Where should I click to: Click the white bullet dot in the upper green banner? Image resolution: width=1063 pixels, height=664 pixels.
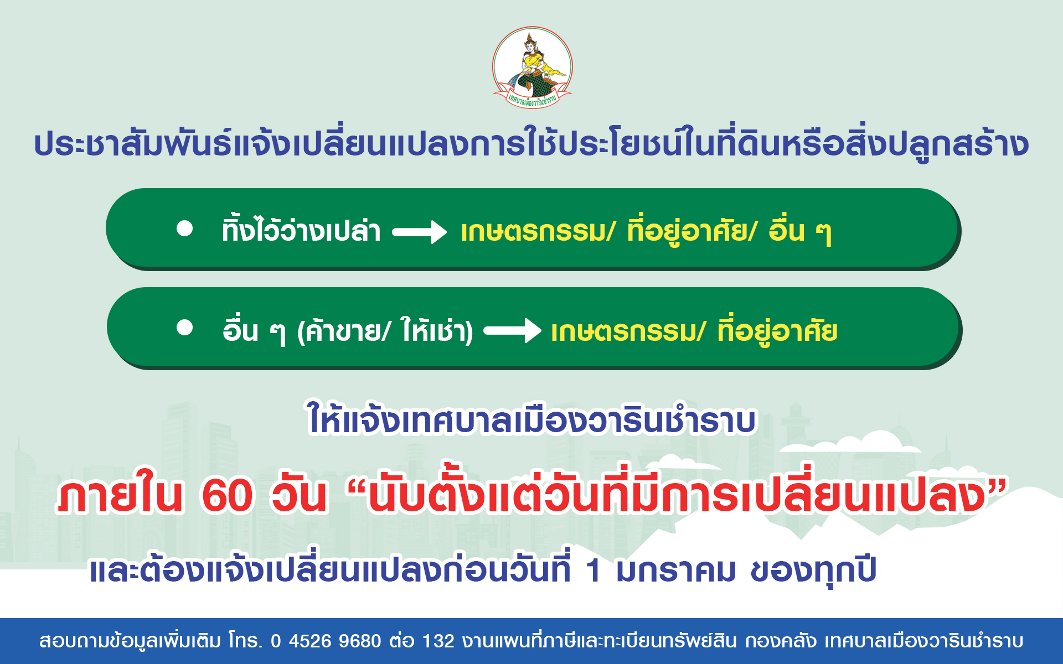pyautogui.click(x=185, y=229)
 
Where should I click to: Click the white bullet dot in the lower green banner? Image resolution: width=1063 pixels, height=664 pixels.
pyautogui.click(x=185, y=328)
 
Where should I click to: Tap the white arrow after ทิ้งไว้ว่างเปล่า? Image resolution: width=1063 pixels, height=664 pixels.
pyautogui.click(x=419, y=232)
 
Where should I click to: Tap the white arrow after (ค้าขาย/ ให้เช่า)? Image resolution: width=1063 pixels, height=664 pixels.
pyautogui.click(x=512, y=331)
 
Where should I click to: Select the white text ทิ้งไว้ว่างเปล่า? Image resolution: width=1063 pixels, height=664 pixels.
pyautogui.click(x=301, y=230)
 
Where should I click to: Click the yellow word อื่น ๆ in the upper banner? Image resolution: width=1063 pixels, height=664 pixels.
pyautogui.click(x=800, y=231)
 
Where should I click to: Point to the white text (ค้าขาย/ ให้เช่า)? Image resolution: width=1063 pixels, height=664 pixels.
pyautogui.click(x=385, y=331)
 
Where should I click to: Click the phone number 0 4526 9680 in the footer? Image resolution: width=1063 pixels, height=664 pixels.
pyautogui.click(x=326, y=641)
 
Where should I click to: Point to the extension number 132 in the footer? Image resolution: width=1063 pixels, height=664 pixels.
pyautogui.click(x=438, y=641)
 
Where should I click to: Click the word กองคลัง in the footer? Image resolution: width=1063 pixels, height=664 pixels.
pyautogui.click(x=781, y=641)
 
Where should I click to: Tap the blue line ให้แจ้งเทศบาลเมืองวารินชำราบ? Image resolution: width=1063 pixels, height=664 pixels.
pyautogui.click(x=532, y=419)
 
